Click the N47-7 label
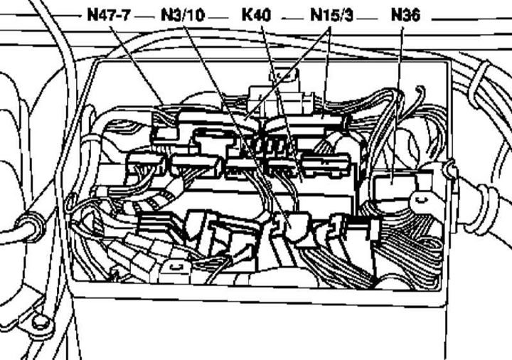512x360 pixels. pos(109,15)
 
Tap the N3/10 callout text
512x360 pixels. pos(183,15)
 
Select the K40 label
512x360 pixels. pos(256,15)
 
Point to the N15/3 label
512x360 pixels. pos(332,15)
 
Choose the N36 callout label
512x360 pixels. pos(405,15)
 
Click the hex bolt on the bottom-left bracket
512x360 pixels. pos(41,322)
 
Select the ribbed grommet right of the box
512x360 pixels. pos(483,206)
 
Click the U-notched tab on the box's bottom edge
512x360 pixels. pos(176,269)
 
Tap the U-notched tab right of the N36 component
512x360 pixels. pos(421,200)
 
